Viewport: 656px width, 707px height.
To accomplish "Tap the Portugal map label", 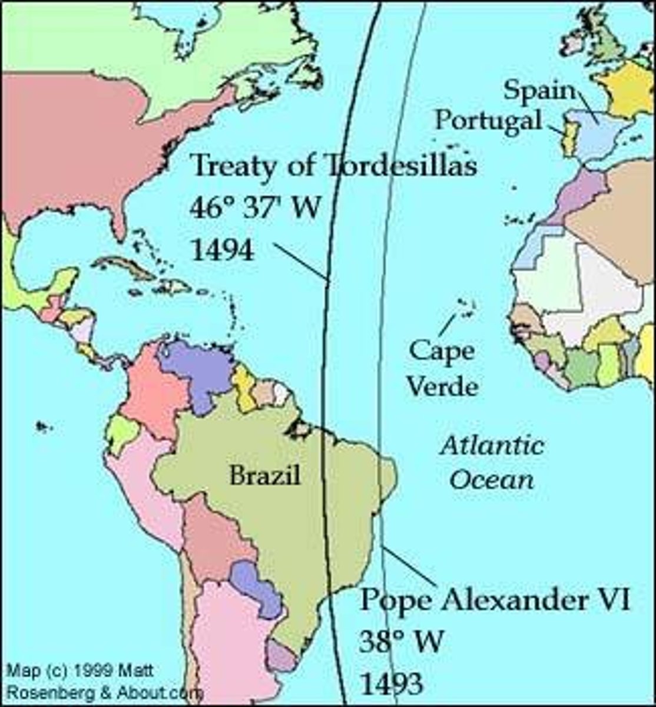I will coord(488,120).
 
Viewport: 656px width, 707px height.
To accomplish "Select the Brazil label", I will coord(265,475).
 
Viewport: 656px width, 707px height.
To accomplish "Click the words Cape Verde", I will coord(442,369).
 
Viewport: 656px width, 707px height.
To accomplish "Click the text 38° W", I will coord(400,641).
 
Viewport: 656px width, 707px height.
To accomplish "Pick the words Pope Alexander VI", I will coord(495,601).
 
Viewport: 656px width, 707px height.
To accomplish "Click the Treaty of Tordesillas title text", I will coord(334,166).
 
